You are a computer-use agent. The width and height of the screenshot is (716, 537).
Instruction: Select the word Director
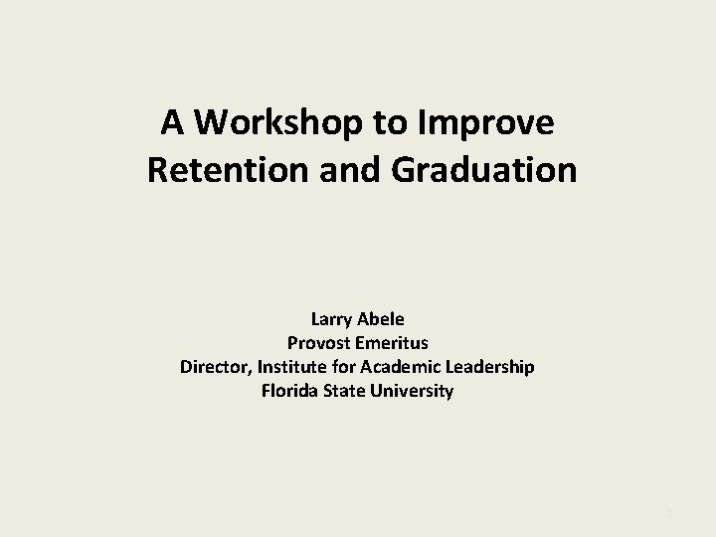[x=215, y=367]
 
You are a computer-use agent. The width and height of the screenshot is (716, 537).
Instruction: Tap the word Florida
[x=289, y=391]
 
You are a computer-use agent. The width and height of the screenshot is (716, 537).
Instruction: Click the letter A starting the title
[x=172, y=122]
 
